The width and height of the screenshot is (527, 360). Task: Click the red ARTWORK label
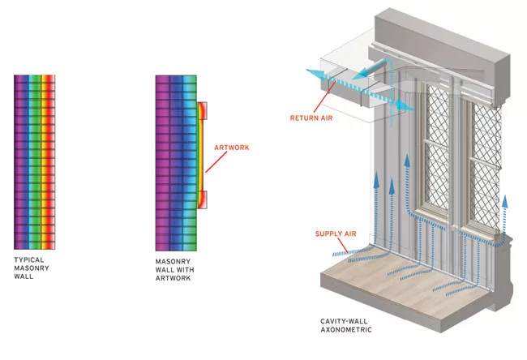pyautogui.click(x=232, y=148)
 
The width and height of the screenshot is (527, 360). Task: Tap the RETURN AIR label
pyautogui.click(x=311, y=118)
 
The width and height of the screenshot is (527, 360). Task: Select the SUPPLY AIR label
pyautogui.click(x=336, y=234)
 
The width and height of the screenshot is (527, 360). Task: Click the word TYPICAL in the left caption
pyautogui.click(x=29, y=259)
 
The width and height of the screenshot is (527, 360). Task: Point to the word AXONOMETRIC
pyautogui.click(x=346, y=330)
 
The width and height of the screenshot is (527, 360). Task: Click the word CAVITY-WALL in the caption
pyautogui.click(x=344, y=321)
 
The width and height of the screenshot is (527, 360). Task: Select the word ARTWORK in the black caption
pyautogui.click(x=173, y=278)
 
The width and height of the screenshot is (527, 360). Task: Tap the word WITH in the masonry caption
pyautogui.click(x=186, y=269)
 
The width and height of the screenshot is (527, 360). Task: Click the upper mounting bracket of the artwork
pyautogui.click(x=203, y=111)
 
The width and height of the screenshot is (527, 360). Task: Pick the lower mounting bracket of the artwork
pyautogui.click(x=203, y=199)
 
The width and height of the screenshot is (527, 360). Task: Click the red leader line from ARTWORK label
pyautogui.click(x=216, y=162)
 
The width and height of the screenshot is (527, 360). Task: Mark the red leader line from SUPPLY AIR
pyautogui.click(x=343, y=245)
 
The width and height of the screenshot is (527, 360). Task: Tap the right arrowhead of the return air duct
pyautogui.click(x=405, y=106)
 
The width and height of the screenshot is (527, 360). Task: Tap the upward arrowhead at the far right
pyautogui.click(x=505, y=201)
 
